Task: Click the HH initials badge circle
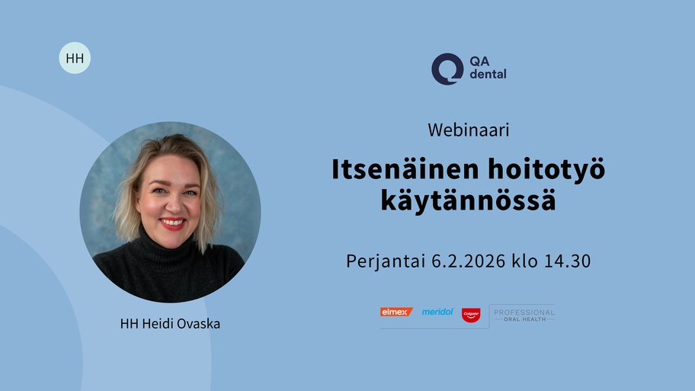[x=75, y=58]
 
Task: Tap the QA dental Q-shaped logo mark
[x=447, y=69]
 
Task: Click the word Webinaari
[x=469, y=130]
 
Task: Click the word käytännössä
[x=468, y=200]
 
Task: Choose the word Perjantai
[x=386, y=261]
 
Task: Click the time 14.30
[x=567, y=261]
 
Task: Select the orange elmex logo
[x=396, y=312]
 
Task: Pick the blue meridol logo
[x=437, y=312]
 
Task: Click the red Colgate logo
[x=471, y=315]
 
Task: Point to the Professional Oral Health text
[x=524, y=316]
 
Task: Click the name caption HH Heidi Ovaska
[x=170, y=324]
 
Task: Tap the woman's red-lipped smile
[x=172, y=223]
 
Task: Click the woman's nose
[x=173, y=203]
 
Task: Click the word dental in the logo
[x=488, y=74]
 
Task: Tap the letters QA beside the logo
[x=479, y=61]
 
